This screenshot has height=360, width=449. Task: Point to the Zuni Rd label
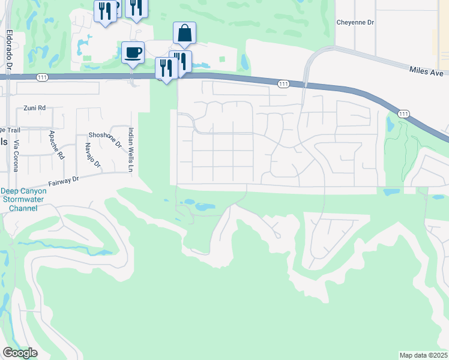point(34,108)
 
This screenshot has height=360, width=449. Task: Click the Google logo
point(20,353)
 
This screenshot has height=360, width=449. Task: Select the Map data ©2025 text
point(423,355)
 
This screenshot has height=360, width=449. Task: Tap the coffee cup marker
point(133,52)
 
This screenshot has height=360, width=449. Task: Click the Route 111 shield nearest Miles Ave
point(403,113)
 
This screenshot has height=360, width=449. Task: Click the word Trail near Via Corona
point(16,130)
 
